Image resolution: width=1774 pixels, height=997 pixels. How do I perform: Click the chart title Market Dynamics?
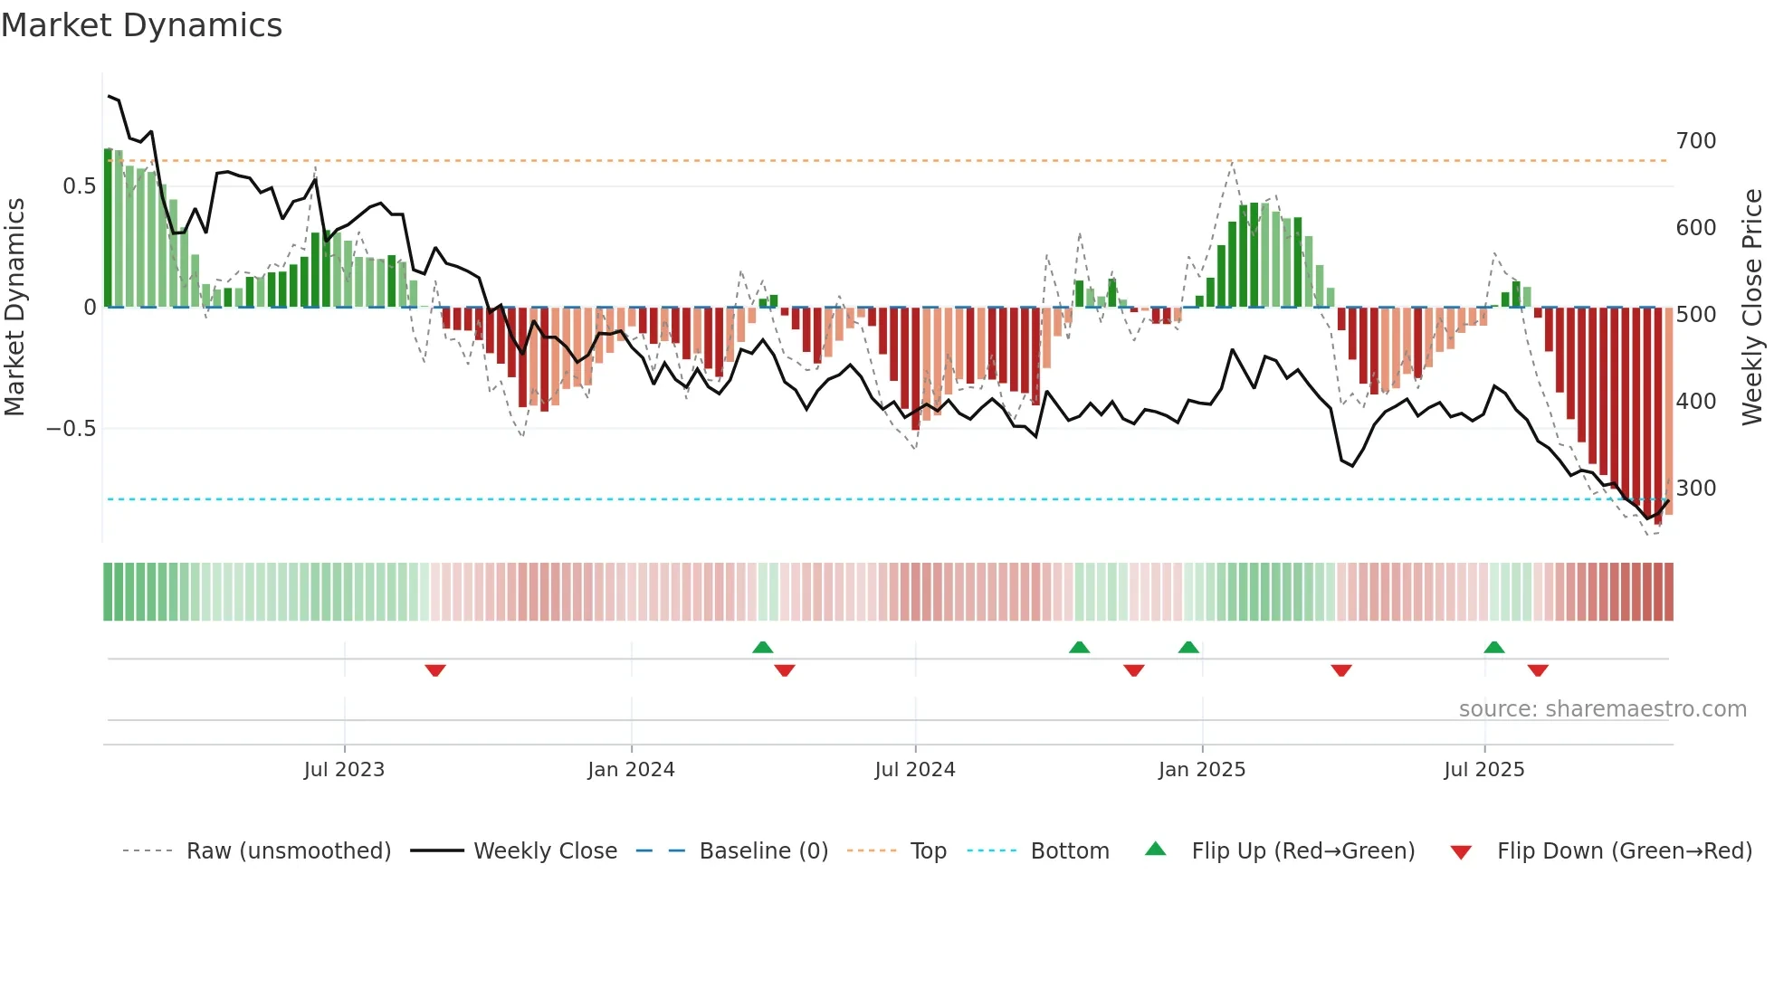coord(141,25)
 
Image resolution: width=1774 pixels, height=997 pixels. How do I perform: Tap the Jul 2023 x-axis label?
coord(344,770)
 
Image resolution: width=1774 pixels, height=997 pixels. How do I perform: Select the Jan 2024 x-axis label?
coord(631,770)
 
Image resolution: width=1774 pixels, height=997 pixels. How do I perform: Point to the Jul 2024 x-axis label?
coord(915,770)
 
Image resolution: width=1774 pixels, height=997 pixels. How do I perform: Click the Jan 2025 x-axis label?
coord(1202,770)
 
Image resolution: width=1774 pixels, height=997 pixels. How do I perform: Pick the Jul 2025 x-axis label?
coord(1484,770)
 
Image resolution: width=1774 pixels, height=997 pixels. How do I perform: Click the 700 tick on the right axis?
coord(1695,141)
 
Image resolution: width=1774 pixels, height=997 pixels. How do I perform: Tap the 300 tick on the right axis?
coord(1695,489)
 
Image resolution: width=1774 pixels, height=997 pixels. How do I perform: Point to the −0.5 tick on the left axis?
coord(72,429)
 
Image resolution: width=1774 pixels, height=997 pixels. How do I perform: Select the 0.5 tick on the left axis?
coord(79,186)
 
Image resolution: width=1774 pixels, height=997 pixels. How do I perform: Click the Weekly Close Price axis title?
coord(1753,308)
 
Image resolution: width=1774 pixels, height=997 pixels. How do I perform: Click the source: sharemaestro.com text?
coord(1602,709)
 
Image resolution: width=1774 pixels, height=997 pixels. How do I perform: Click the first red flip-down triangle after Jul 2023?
coord(435,670)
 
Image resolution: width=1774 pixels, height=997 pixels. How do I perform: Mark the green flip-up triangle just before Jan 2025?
coord(1188,647)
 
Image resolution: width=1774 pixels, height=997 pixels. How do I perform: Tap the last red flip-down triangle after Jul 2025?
coord(1538,670)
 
